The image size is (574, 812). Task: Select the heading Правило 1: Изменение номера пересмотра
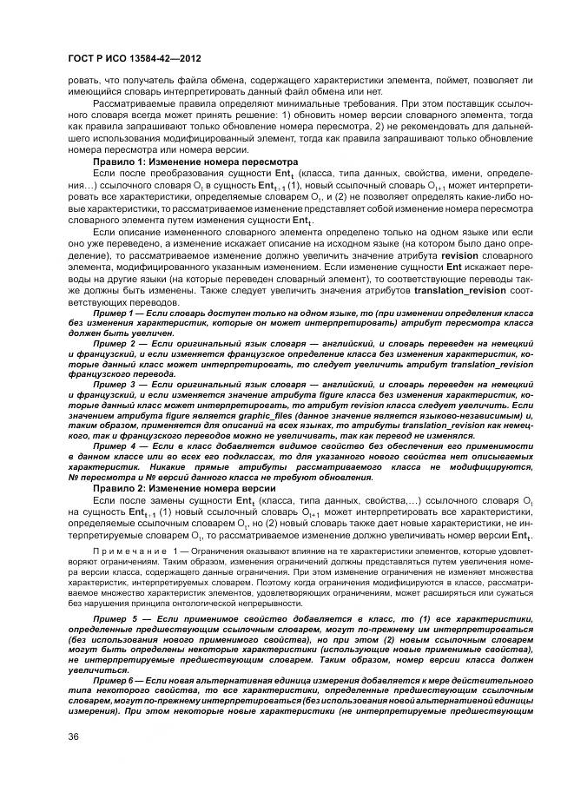[195, 162]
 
